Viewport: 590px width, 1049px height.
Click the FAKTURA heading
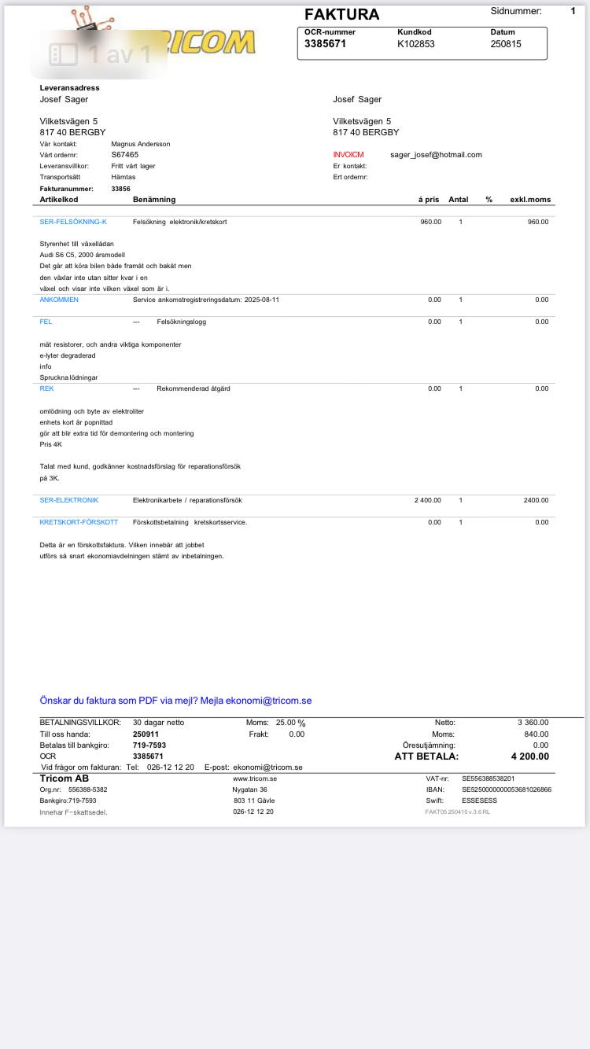pyautogui.click(x=341, y=14)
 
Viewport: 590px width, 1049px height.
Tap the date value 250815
pyautogui.click(x=506, y=44)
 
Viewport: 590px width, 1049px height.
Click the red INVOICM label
pyautogui.click(x=348, y=155)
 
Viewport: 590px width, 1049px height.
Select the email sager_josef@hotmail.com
pyautogui.click(x=436, y=155)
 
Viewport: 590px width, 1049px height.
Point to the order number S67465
pyautogui.click(x=125, y=155)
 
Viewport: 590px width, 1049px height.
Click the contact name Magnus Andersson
pyautogui.click(x=141, y=144)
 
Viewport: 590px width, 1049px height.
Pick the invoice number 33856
pyautogui.click(x=121, y=189)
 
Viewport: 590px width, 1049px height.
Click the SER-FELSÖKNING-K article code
pyautogui.click(x=73, y=222)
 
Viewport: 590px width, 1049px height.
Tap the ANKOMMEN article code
pyautogui.click(x=59, y=300)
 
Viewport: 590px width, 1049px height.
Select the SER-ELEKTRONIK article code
pyautogui.click(x=69, y=500)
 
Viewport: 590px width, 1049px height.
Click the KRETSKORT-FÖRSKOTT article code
pyautogui.click(x=79, y=522)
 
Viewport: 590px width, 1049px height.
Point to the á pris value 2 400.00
pyautogui.click(x=428, y=500)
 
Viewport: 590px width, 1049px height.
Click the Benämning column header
pyautogui.click(x=154, y=200)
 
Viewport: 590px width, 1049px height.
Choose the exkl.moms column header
pyautogui.click(x=530, y=200)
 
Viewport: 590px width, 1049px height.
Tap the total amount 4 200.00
pyautogui.click(x=530, y=756)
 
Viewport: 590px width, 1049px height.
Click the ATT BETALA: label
pyautogui.click(x=426, y=756)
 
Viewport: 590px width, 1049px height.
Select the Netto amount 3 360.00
pyautogui.click(x=533, y=723)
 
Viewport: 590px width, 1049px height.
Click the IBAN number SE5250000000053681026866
pyautogui.click(x=507, y=790)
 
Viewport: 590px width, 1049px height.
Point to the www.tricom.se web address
pyautogui.click(x=255, y=778)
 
